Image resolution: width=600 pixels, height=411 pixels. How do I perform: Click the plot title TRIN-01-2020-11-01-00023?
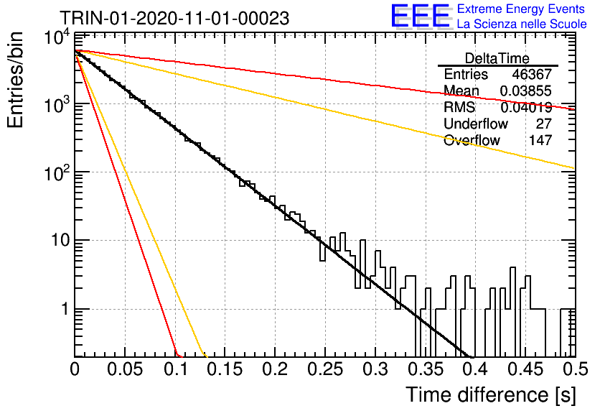click(x=174, y=18)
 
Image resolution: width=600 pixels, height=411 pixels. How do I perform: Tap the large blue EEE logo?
click(x=420, y=16)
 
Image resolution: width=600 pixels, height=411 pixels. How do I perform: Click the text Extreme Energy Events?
click(x=521, y=9)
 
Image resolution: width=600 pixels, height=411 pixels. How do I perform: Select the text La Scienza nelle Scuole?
click(x=522, y=24)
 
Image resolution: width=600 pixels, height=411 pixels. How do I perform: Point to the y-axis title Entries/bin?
click(x=15, y=80)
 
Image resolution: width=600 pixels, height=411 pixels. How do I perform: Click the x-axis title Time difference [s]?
click(x=491, y=394)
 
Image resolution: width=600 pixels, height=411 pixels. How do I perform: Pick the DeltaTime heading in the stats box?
click(x=497, y=58)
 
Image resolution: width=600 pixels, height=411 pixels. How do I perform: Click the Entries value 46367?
click(x=532, y=74)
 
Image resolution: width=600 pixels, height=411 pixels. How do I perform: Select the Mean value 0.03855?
click(x=526, y=91)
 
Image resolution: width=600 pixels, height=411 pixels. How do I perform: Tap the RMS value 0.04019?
click(x=526, y=107)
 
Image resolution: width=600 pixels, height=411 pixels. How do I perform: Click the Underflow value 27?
click(x=544, y=124)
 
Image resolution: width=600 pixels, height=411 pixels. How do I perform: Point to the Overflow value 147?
click(x=540, y=140)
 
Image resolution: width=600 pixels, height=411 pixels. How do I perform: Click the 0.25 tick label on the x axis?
click(x=325, y=369)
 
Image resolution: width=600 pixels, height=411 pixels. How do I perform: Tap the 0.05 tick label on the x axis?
click(x=125, y=369)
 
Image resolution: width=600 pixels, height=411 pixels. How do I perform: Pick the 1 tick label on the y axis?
click(x=65, y=309)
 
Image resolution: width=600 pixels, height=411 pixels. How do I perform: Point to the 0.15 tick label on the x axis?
click(x=225, y=369)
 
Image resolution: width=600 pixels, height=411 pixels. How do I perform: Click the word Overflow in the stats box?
click(x=472, y=140)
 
